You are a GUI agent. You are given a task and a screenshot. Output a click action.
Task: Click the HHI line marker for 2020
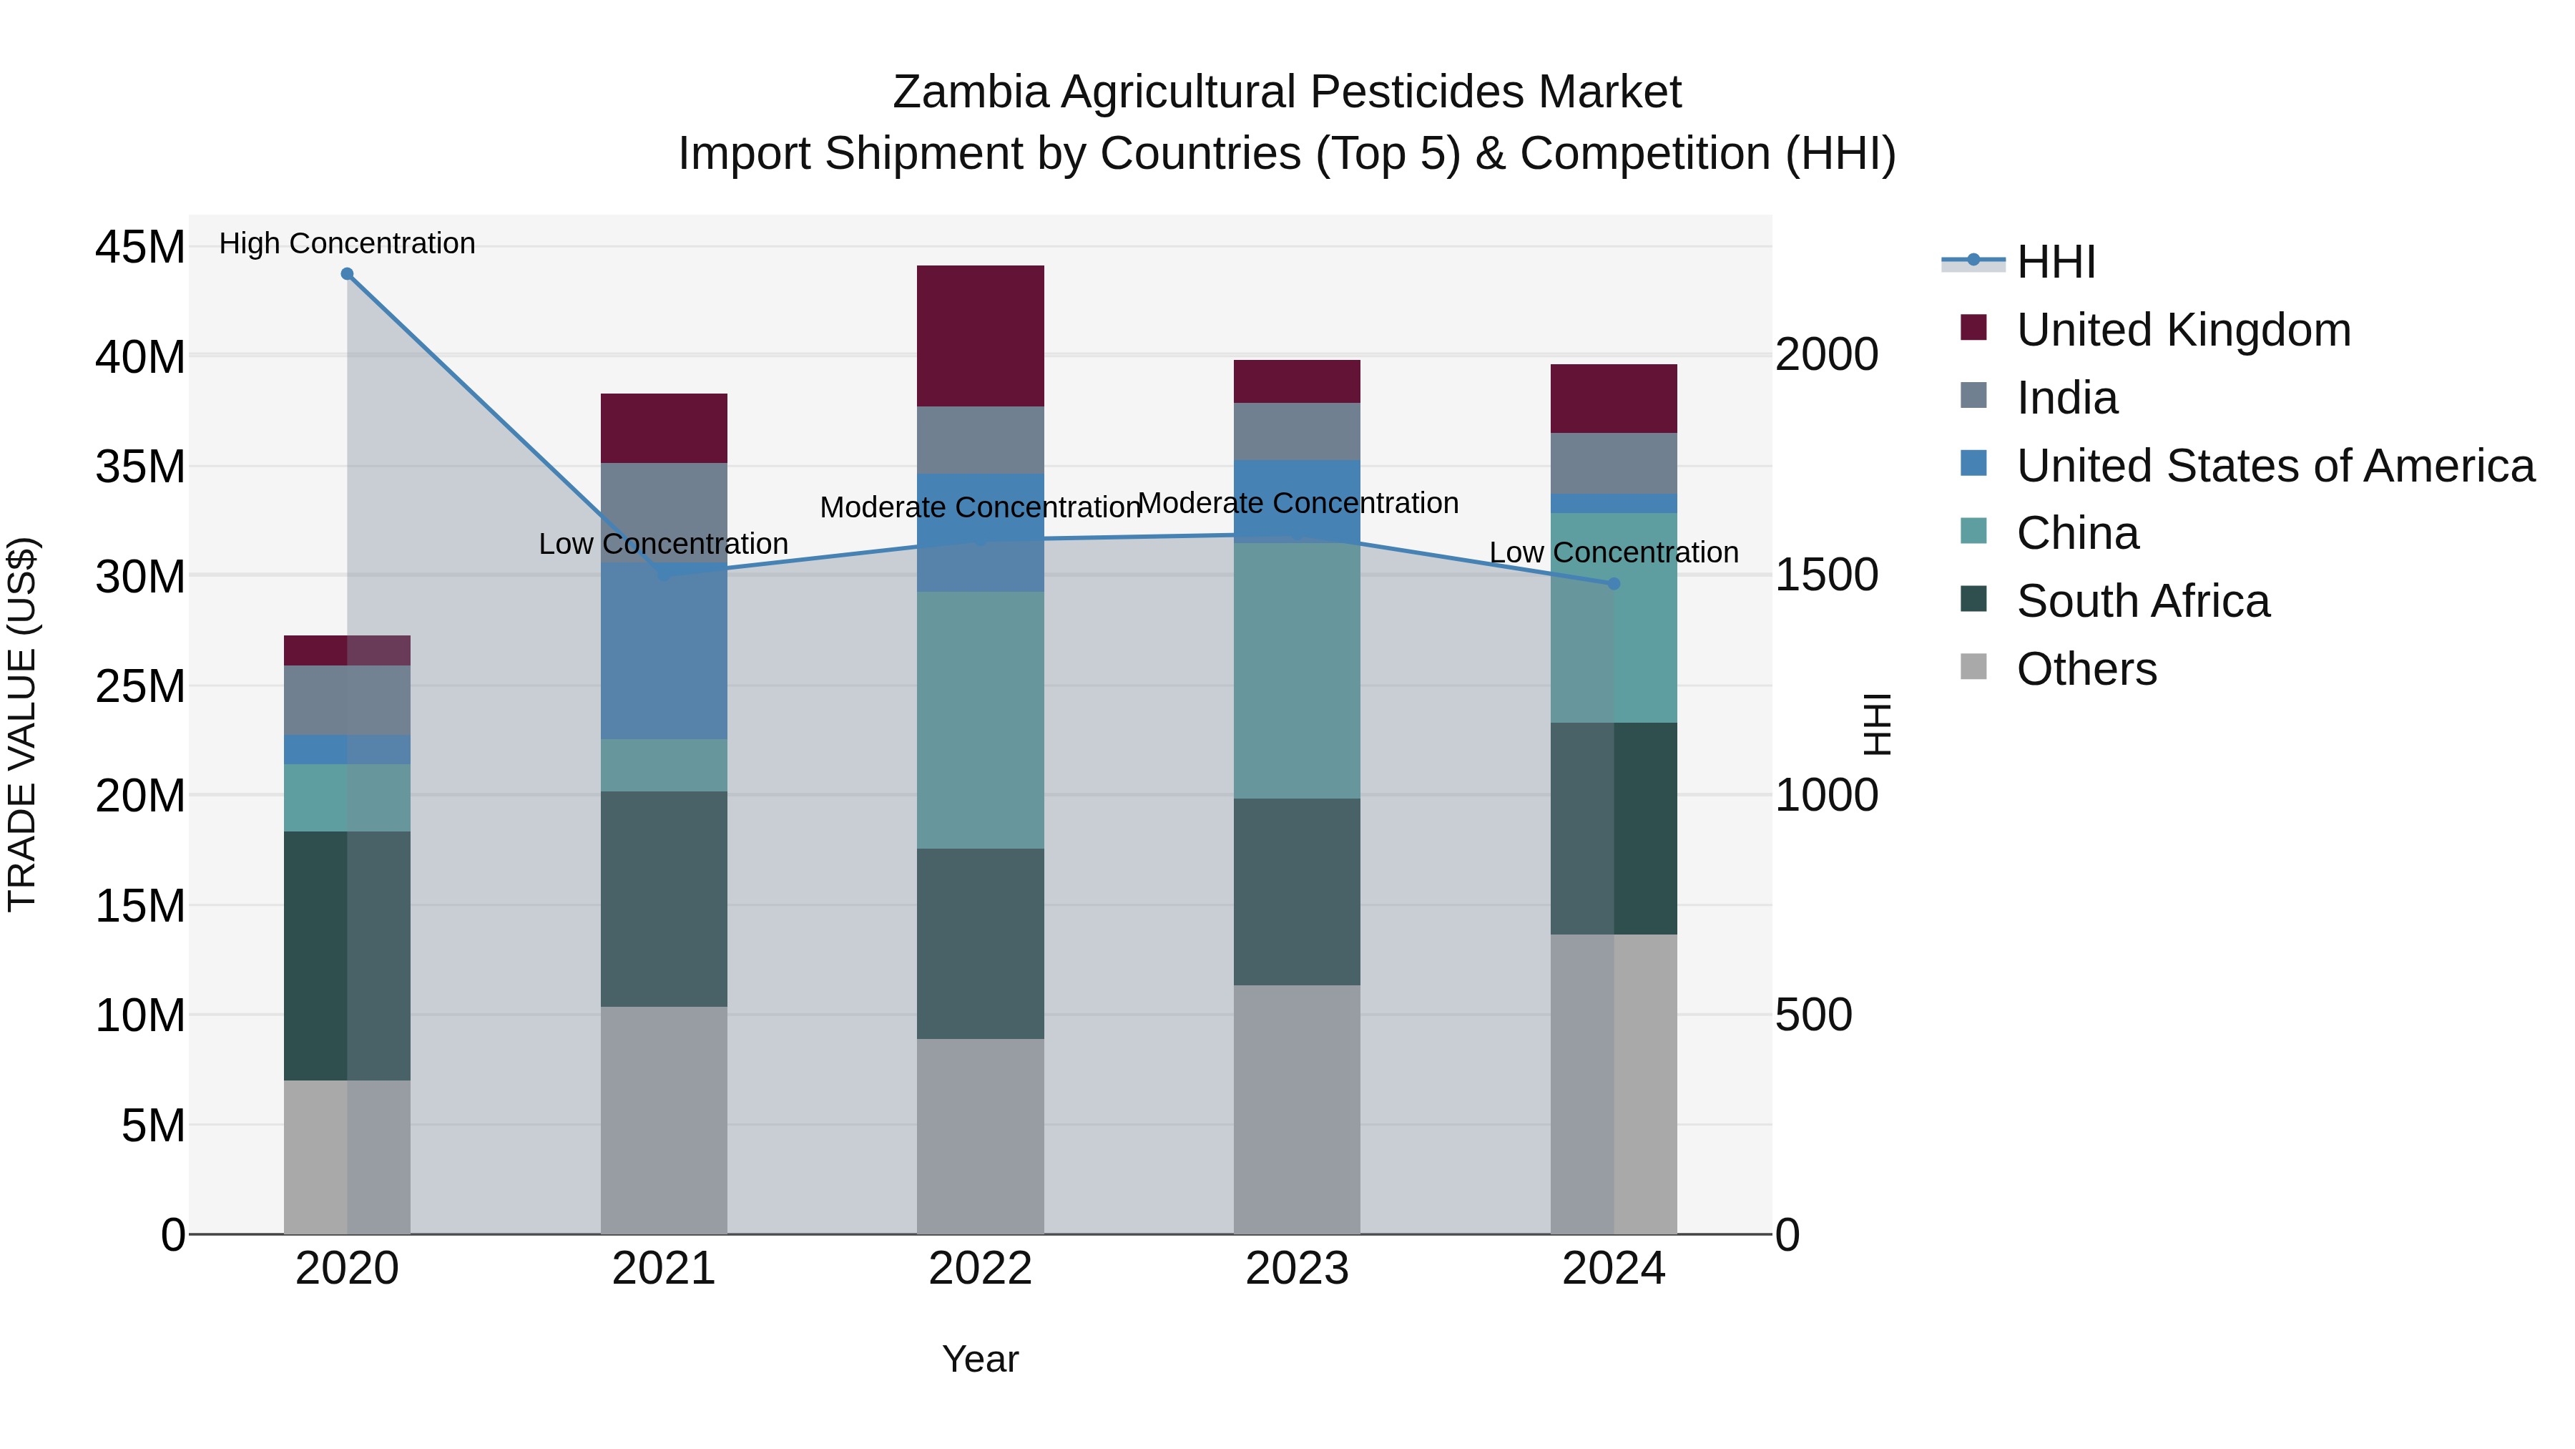click(x=347, y=274)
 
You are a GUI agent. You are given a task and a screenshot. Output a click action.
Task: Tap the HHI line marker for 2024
click(x=1614, y=584)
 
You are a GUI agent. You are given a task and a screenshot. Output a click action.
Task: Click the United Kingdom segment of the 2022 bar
click(x=980, y=336)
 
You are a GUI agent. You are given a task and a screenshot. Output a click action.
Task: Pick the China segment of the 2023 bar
click(x=1297, y=670)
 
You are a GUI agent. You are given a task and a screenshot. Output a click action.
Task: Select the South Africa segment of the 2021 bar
click(x=664, y=898)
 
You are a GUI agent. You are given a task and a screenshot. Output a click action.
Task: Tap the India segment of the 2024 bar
click(x=1614, y=463)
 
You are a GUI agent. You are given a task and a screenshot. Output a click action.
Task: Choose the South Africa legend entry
click(x=2142, y=602)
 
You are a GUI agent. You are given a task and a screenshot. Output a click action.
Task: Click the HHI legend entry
click(x=2055, y=262)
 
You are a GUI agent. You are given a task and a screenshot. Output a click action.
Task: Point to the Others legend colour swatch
click(x=1973, y=667)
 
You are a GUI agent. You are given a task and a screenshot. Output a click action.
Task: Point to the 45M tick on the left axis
click(x=140, y=247)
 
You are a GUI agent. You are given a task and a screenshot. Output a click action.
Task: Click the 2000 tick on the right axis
click(x=1826, y=355)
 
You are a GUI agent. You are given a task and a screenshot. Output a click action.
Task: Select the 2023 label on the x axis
click(x=1297, y=1269)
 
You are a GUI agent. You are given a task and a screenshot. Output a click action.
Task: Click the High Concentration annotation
click(x=347, y=243)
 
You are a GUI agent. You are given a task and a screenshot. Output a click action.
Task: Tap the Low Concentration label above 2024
click(x=1614, y=552)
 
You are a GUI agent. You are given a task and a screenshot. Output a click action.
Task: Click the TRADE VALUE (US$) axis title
click(x=22, y=724)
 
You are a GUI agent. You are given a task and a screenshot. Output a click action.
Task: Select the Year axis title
click(x=980, y=1359)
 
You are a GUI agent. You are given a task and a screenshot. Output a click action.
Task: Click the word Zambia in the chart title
click(x=970, y=92)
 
